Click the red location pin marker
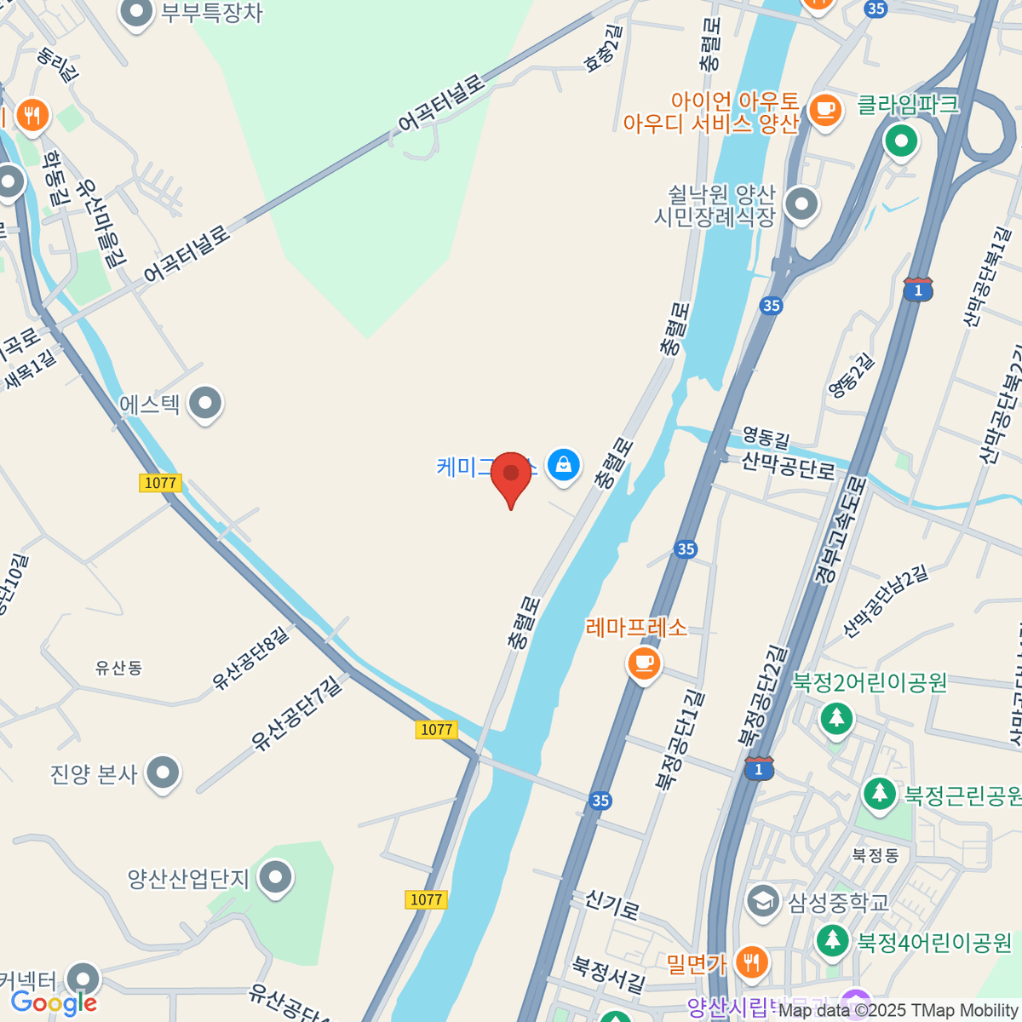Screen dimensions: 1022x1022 coord(511,475)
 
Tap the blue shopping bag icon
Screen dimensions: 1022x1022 coord(563,465)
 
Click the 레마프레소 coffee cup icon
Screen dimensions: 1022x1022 coord(644,662)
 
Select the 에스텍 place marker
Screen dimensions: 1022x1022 coord(205,404)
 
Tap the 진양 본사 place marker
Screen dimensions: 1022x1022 coord(163,773)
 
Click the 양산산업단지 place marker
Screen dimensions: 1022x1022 coord(276,877)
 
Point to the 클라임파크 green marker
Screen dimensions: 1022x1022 coord(901,140)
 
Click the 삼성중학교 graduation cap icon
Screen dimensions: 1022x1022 coord(762,901)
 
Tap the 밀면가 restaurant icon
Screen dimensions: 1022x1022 coord(750,963)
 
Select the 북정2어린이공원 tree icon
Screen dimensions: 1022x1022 coord(836,717)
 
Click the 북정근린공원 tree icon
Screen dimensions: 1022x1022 coord(879,794)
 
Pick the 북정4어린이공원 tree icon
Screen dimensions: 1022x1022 coord(832,941)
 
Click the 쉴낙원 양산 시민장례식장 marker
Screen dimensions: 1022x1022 coord(801,204)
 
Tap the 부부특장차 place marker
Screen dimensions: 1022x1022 coord(136,13)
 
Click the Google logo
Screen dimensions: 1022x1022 coord(54,1003)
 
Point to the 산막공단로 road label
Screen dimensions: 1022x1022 coord(788,466)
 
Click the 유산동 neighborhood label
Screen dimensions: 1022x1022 coord(118,668)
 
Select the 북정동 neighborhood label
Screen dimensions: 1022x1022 coord(876,855)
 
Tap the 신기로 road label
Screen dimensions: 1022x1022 coord(611,904)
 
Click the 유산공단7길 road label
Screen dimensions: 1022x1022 coord(298,712)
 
